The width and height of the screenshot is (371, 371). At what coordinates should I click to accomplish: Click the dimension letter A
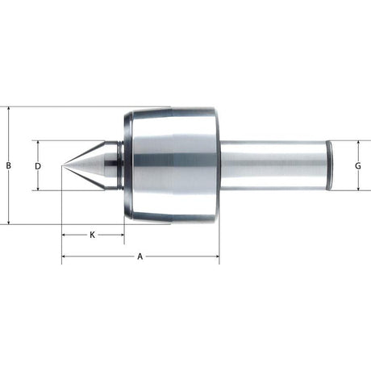pos(140,256)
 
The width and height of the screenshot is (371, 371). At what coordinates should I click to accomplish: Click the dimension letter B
pos(8,165)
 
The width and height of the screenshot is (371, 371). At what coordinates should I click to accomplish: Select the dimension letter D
pos(38,165)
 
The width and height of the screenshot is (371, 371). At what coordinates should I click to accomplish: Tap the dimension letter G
pos(357,165)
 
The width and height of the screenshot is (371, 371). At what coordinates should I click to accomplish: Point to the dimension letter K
pos(93,235)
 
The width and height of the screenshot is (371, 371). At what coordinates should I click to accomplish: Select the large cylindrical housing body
pos(173,165)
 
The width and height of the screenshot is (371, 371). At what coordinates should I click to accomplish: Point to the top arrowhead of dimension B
pos(8,109)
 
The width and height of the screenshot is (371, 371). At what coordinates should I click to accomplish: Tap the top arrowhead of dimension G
pos(357,142)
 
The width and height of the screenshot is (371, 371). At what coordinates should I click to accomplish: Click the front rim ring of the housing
pos(128,165)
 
